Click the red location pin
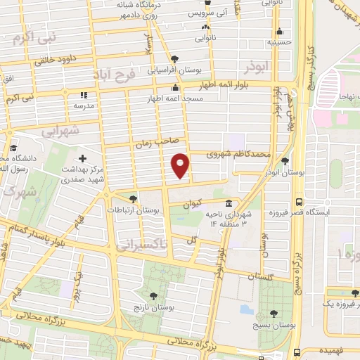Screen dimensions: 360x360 click(181, 165)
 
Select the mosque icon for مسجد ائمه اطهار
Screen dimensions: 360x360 click(176, 88)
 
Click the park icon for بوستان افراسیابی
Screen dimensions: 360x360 click(174, 59)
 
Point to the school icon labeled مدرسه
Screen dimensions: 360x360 click(83, 94)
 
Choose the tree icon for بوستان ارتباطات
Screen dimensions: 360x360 click(134, 198)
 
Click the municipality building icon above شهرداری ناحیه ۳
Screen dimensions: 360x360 click(229, 203)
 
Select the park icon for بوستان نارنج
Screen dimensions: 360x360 click(153, 297)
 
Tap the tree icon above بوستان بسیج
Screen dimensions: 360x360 click(274, 314)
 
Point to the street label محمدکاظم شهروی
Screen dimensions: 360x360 click(239, 154)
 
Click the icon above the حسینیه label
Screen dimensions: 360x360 click(280, 31)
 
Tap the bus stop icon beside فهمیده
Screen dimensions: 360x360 click(298, 351)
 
